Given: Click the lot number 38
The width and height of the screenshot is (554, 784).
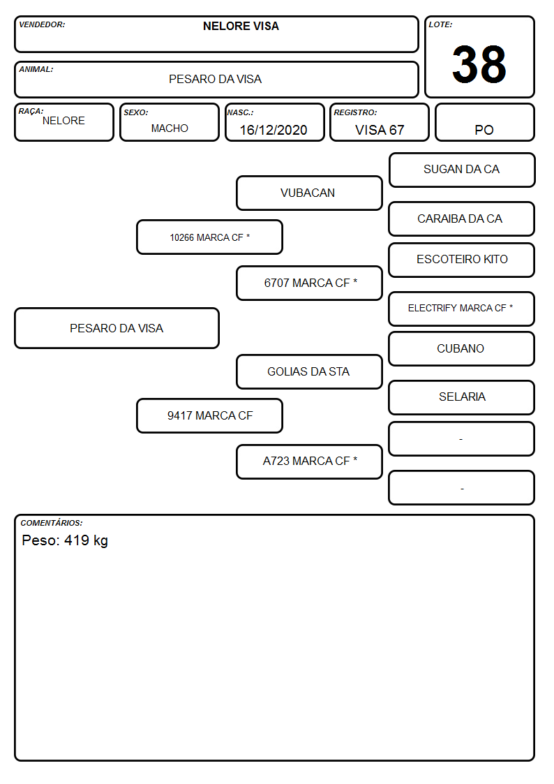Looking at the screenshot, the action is [479, 64].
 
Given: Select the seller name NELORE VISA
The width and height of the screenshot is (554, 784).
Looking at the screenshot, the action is [241, 26].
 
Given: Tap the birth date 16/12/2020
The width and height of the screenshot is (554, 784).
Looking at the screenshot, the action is [274, 130].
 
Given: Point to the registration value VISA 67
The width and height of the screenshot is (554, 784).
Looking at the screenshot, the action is [380, 130].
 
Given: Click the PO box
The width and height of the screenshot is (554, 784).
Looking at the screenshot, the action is [484, 122].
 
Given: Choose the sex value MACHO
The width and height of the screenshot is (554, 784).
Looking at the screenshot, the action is [170, 128].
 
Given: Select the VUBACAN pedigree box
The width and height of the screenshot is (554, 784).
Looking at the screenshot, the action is [309, 193].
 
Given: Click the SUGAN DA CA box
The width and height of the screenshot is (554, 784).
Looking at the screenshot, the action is [462, 170].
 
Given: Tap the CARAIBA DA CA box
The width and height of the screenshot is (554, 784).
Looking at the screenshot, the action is [462, 219].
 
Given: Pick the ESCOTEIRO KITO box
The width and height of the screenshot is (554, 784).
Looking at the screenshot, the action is [462, 260].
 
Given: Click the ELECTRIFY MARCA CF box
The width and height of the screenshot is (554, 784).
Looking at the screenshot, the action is [462, 309].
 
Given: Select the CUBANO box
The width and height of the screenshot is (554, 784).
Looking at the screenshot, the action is [462, 348].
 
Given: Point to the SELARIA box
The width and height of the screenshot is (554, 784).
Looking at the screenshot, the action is [462, 397].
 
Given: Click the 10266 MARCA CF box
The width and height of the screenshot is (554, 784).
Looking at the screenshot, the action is [210, 237].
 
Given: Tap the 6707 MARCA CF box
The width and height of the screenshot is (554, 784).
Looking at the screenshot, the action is [309, 283].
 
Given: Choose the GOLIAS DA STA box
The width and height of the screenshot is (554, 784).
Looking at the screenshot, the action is [309, 371].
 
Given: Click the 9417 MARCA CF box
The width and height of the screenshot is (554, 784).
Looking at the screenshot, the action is [210, 415].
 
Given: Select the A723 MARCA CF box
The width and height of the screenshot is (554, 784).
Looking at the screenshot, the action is [309, 461].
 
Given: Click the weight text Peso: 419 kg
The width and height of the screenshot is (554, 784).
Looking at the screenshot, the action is [65, 540].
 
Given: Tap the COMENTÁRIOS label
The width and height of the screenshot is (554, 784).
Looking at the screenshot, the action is [52, 523].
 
